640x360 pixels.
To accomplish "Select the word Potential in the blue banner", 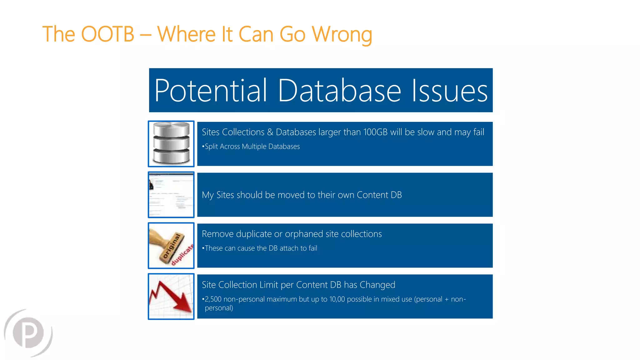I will (x=211, y=91).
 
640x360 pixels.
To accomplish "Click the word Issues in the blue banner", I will (x=449, y=91).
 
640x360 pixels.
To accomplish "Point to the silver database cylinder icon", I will (x=171, y=144).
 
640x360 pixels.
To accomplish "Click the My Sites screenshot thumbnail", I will (x=171, y=195).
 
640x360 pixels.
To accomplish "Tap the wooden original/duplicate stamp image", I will (x=171, y=246).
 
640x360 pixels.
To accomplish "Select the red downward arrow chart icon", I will (x=171, y=297).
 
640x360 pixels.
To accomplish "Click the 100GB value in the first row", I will (x=375, y=132).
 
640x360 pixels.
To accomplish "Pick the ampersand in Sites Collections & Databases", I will (x=270, y=132).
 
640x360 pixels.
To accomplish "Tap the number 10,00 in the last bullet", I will (x=337, y=299).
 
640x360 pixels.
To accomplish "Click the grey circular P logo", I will (x=28, y=333).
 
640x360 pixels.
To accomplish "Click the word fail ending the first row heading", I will (x=478, y=132).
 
